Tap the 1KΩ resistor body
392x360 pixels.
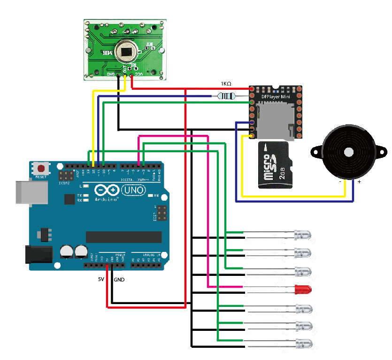pyautogui.click(x=227, y=96)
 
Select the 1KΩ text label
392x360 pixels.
pyautogui.click(x=226, y=84)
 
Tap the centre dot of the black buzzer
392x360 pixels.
pyautogui.click(x=349, y=152)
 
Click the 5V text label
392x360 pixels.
pyautogui.click(x=101, y=279)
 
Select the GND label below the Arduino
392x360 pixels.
pyautogui.click(x=119, y=279)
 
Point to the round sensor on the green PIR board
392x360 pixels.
pyautogui.click(x=126, y=50)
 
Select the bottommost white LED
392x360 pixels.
pyautogui.click(x=303, y=344)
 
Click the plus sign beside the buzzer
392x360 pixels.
pyautogui.click(x=360, y=181)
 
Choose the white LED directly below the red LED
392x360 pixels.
pyautogui.click(x=303, y=309)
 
